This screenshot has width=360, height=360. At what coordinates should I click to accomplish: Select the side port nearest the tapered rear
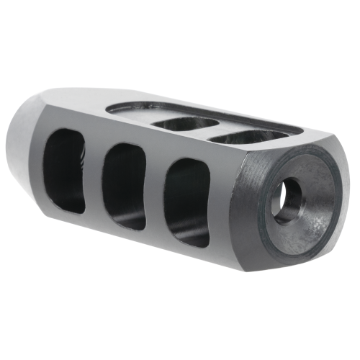[66, 171]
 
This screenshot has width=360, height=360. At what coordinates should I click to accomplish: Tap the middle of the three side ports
[125, 185]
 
